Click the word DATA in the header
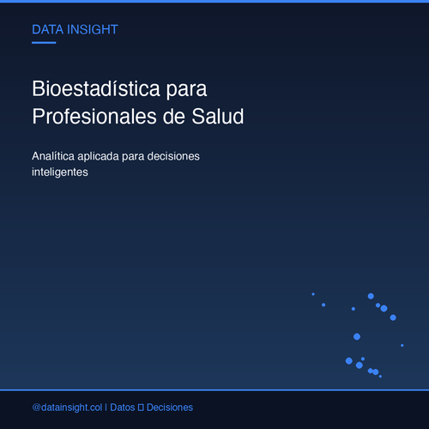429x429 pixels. [47, 30]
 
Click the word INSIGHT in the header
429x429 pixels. [93, 30]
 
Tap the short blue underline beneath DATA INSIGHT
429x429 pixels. [44, 43]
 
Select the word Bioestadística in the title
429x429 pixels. [96, 88]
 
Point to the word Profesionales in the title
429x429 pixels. [94, 117]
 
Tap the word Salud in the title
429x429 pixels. [218, 117]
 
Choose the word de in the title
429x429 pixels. [174, 117]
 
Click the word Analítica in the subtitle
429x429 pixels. [53, 156]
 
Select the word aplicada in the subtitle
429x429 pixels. [98, 157]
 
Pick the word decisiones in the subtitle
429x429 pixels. [173, 156]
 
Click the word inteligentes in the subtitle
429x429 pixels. [60, 172]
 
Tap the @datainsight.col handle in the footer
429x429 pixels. [67, 408]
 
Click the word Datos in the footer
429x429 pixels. [123, 408]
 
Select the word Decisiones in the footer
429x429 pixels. [170, 408]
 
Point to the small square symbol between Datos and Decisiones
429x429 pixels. [141, 408]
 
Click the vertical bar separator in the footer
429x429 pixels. [106, 408]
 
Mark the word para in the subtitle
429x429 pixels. [133, 157]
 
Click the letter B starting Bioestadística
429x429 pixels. [38, 88]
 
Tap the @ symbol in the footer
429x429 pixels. [36, 408]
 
